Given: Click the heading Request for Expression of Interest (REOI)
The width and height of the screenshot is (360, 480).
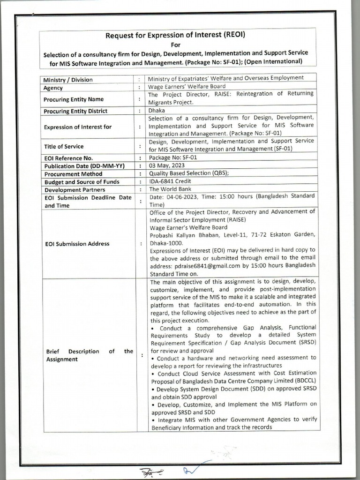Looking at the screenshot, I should pos(176,35).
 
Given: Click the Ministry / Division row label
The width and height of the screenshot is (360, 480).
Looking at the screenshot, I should pos(68,80).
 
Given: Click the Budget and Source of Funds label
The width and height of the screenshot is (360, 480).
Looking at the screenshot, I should pos(82,182).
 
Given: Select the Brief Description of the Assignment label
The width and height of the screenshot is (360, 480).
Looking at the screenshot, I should pos(89,355).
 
